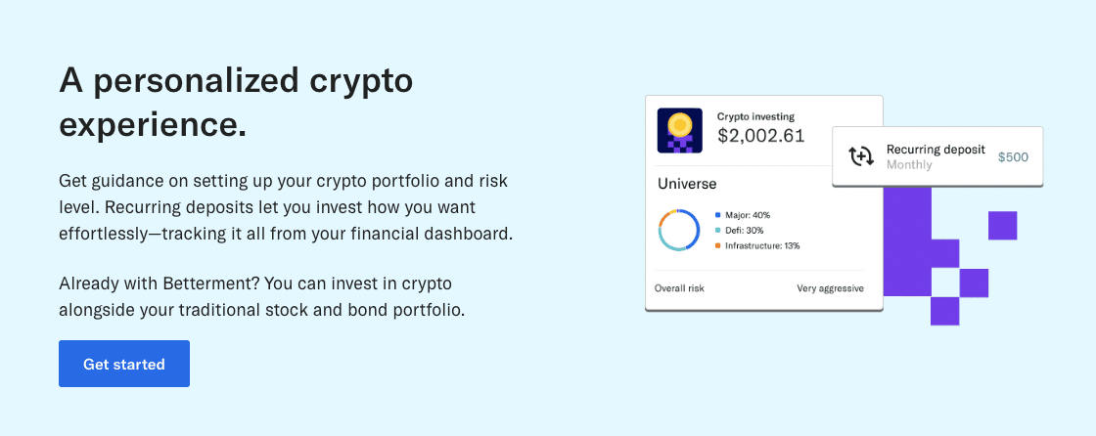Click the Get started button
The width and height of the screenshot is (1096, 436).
click(x=124, y=364)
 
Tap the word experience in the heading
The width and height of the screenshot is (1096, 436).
click(x=153, y=124)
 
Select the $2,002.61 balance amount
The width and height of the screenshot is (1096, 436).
click(x=760, y=136)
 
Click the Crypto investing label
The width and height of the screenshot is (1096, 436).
click(x=755, y=116)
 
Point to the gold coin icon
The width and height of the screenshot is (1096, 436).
click(x=679, y=125)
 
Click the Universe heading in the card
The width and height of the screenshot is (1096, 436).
click(x=687, y=183)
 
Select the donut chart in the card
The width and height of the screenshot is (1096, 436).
click(x=679, y=231)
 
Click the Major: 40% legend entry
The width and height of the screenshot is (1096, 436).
click(x=747, y=215)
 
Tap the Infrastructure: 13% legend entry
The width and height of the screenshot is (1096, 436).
click(x=760, y=246)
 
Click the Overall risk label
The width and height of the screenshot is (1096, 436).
click(x=679, y=288)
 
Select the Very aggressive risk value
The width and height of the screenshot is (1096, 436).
click(x=830, y=288)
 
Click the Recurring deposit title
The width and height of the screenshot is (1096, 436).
click(x=936, y=150)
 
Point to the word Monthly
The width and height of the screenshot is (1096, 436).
click(x=909, y=165)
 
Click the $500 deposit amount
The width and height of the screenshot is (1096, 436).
click(x=1013, y=156)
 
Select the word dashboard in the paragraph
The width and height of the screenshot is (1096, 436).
click(x=467, y=235)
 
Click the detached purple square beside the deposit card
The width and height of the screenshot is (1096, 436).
click(x=1002, y=225)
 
